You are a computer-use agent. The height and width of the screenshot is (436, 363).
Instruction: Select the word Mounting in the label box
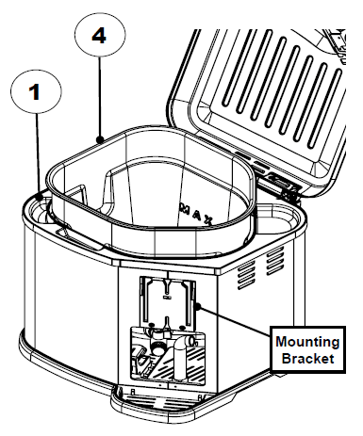click(305, 340)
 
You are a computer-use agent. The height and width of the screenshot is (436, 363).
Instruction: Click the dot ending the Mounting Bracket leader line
click(201, 305)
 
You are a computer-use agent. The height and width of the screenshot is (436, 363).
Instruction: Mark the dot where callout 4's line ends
click(100, 137)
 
